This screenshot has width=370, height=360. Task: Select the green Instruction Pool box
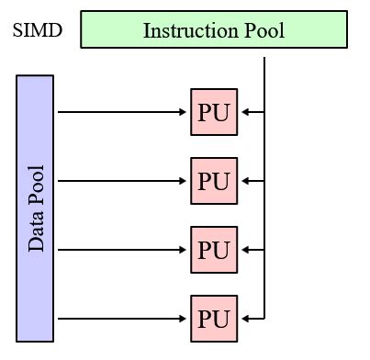[214, 29]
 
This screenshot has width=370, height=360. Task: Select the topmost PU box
[214, 112]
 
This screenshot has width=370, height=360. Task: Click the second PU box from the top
[214, 181]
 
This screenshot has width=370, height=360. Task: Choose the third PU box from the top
[214, 250]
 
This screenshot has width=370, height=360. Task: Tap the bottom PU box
[214, 319]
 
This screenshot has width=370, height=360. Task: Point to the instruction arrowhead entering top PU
[243, 112]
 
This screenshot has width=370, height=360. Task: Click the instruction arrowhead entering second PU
[243, 181]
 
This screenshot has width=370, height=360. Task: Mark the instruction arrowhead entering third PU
[243, 250]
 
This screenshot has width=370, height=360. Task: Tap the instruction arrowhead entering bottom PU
[243, 319]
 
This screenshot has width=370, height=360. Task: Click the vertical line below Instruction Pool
[264, 83]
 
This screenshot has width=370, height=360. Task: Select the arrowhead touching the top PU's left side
[185, 112]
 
